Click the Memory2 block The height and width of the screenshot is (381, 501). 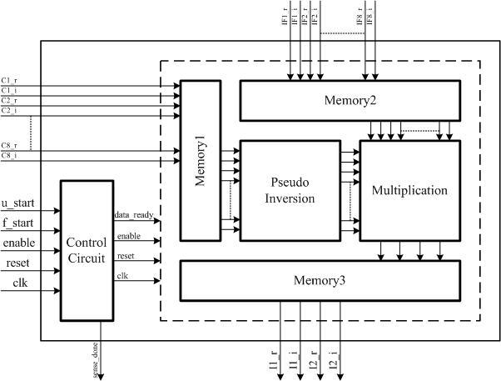tap(350, 101)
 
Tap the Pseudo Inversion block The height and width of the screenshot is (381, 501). tap(291, 190)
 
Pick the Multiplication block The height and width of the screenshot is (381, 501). tap(410, 190)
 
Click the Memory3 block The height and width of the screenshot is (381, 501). tap(320, 280)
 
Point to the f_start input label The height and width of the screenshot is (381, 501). tap(18, 223)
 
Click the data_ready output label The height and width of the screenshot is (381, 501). tap(133, 215)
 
